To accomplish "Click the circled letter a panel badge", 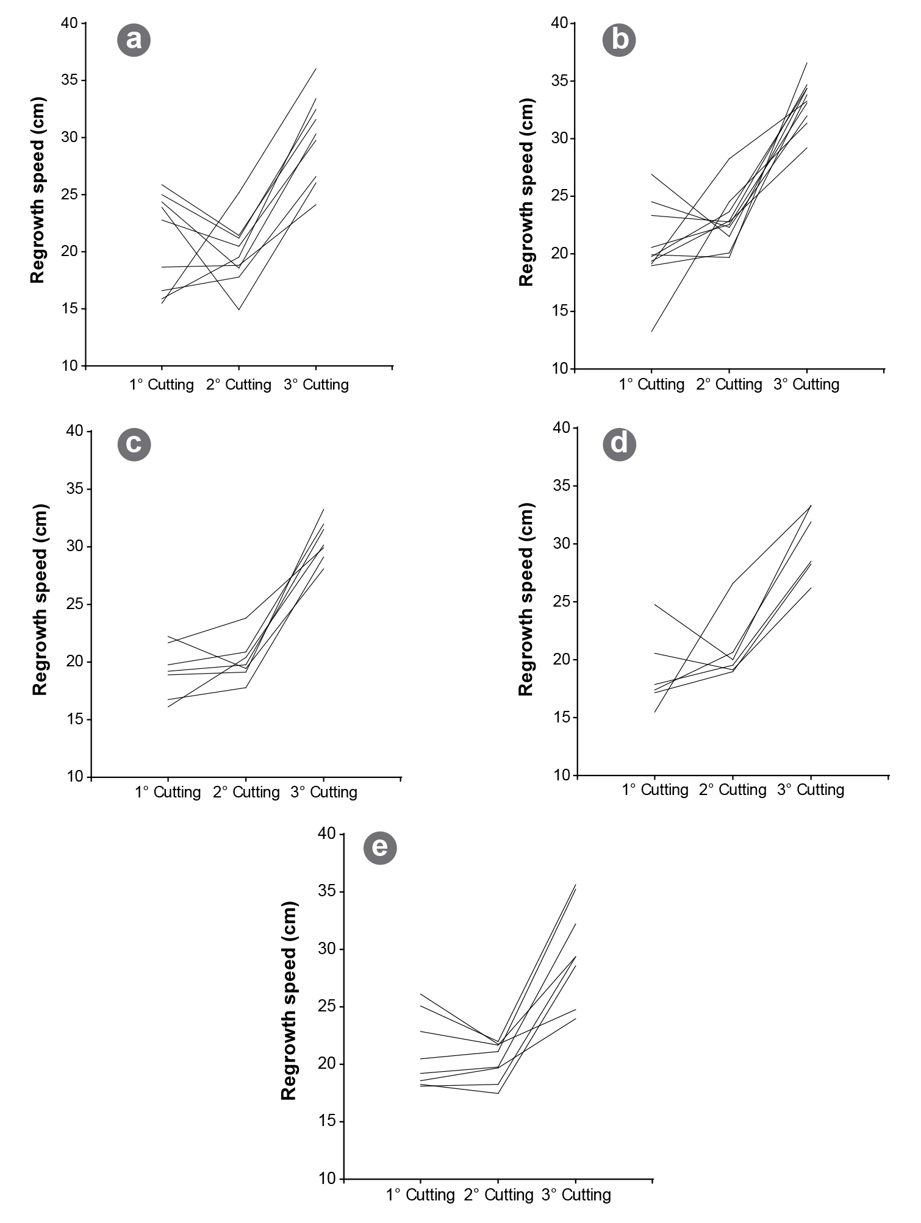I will click(134, 40).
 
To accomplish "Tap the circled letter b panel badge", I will click(619, 40).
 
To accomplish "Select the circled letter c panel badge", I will click(134, 444).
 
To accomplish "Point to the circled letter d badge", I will click(619, 443).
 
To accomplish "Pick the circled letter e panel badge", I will click(380, 847).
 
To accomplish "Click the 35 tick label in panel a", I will click(70, 80).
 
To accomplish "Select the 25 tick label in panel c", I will click(75, 604).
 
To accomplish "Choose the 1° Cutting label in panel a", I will click(162, 385).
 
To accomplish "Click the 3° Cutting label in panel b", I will click(806, 385).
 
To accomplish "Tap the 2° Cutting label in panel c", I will click(246, 792).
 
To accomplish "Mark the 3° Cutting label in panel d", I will click(811, 790).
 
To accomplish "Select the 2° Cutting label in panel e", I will click(498, 1195).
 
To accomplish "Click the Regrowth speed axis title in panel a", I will click(38, 190).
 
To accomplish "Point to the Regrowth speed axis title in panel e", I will click(288, 1000).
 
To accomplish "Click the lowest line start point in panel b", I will click(652, 332).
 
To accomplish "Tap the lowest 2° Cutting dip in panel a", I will click(238, 310).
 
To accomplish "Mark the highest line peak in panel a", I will click(316, 68).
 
